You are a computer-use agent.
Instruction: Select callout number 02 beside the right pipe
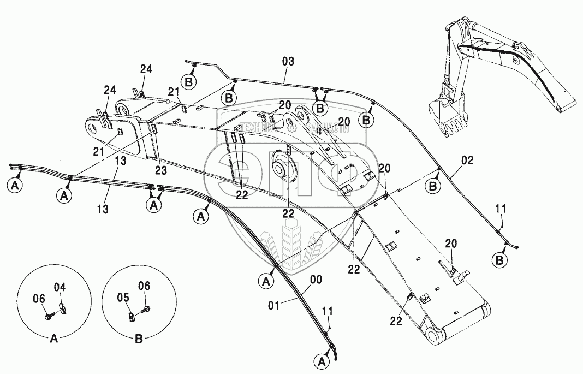467,161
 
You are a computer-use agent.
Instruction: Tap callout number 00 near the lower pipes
316,280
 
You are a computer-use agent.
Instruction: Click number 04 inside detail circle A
60,287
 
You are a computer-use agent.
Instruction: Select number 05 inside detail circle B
124,298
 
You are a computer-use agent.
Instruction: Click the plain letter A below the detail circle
53,339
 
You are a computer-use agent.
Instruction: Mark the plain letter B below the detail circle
139,339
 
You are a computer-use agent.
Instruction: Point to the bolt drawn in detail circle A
48,315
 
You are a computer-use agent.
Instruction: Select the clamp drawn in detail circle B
132,317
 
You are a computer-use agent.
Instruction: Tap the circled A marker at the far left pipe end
15,185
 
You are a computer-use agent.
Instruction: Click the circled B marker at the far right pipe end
498,261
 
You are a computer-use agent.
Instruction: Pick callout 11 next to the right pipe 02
501,209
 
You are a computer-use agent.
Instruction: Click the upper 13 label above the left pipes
121,161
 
